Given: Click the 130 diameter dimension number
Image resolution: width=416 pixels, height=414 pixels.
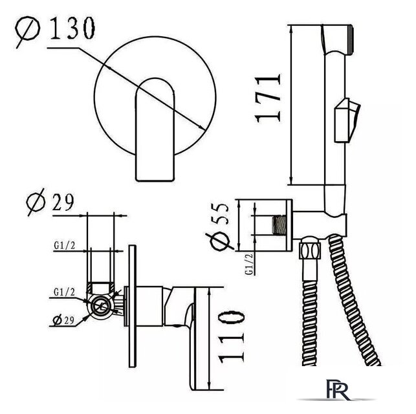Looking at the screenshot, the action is (x=72, y=28).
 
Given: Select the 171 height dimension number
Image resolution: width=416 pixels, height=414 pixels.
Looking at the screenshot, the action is (x=267, y=98).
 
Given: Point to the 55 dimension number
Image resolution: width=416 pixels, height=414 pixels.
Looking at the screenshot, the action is (x=219, y=214).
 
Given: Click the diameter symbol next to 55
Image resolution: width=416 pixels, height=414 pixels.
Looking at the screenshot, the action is (x=219, y=241).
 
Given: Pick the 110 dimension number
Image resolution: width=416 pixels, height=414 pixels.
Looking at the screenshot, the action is (x=232, y=337).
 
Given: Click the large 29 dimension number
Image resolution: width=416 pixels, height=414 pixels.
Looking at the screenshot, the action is (x=63, y=202).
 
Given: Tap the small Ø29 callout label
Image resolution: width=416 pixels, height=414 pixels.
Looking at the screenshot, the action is (x=63, y=320).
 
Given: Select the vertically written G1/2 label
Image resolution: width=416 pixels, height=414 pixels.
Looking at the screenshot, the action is (x=250, y=264).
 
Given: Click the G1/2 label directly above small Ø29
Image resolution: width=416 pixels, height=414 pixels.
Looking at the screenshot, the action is (x=65, y=292).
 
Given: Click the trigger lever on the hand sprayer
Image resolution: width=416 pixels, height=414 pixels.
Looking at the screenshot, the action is (x=347, y=120).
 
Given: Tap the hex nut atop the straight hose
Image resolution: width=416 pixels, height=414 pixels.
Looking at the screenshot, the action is (x=310, y=248).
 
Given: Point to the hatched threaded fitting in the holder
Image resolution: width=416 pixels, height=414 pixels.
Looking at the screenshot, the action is (x=279, y=225).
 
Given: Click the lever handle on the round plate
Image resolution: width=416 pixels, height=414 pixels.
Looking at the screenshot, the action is (x=155, y=130).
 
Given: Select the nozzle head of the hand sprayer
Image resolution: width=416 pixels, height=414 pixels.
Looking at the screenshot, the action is (x=337, y=39).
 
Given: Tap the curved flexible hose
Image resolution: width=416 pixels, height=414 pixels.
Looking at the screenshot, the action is (x=354, y=300).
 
